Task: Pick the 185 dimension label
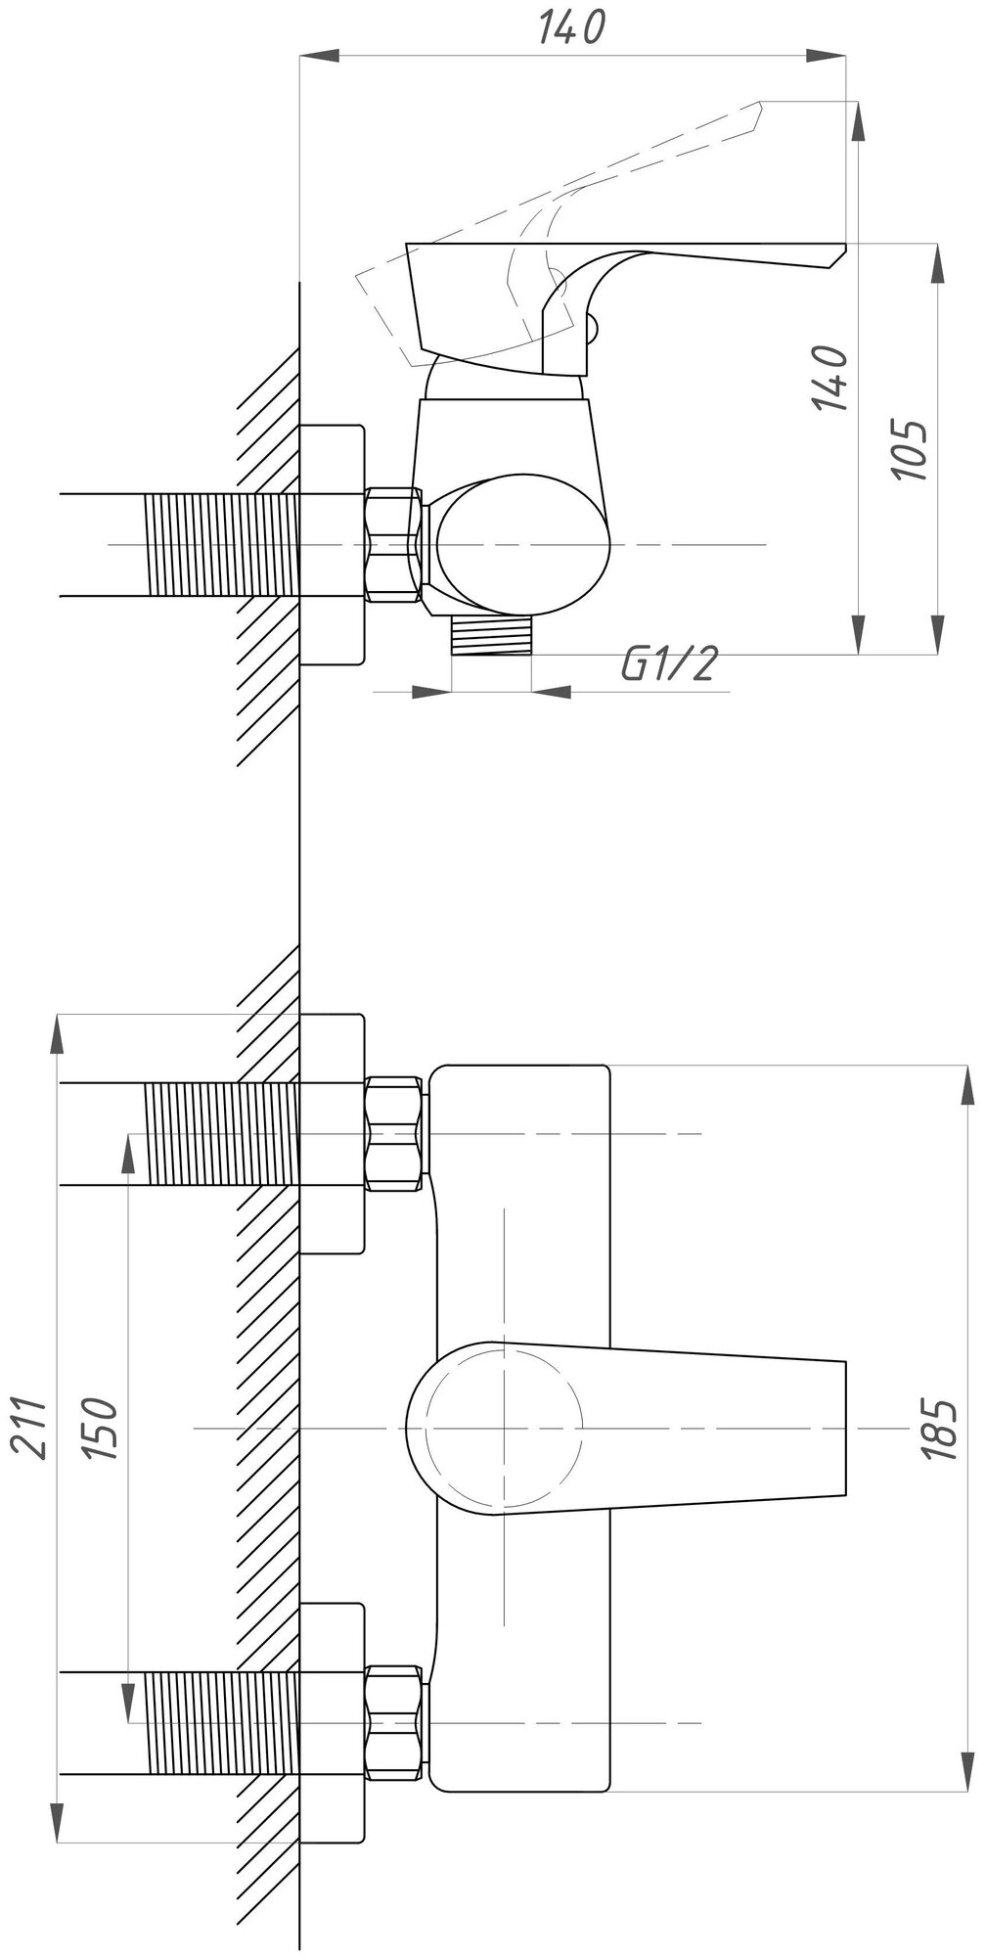point(940,1430)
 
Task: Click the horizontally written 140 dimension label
point(573,27)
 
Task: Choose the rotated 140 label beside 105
point(830,378)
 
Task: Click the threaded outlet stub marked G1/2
point(491,637)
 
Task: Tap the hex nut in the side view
point(394,544)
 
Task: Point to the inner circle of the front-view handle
point(505,1429)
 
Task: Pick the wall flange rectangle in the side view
point(332,544)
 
